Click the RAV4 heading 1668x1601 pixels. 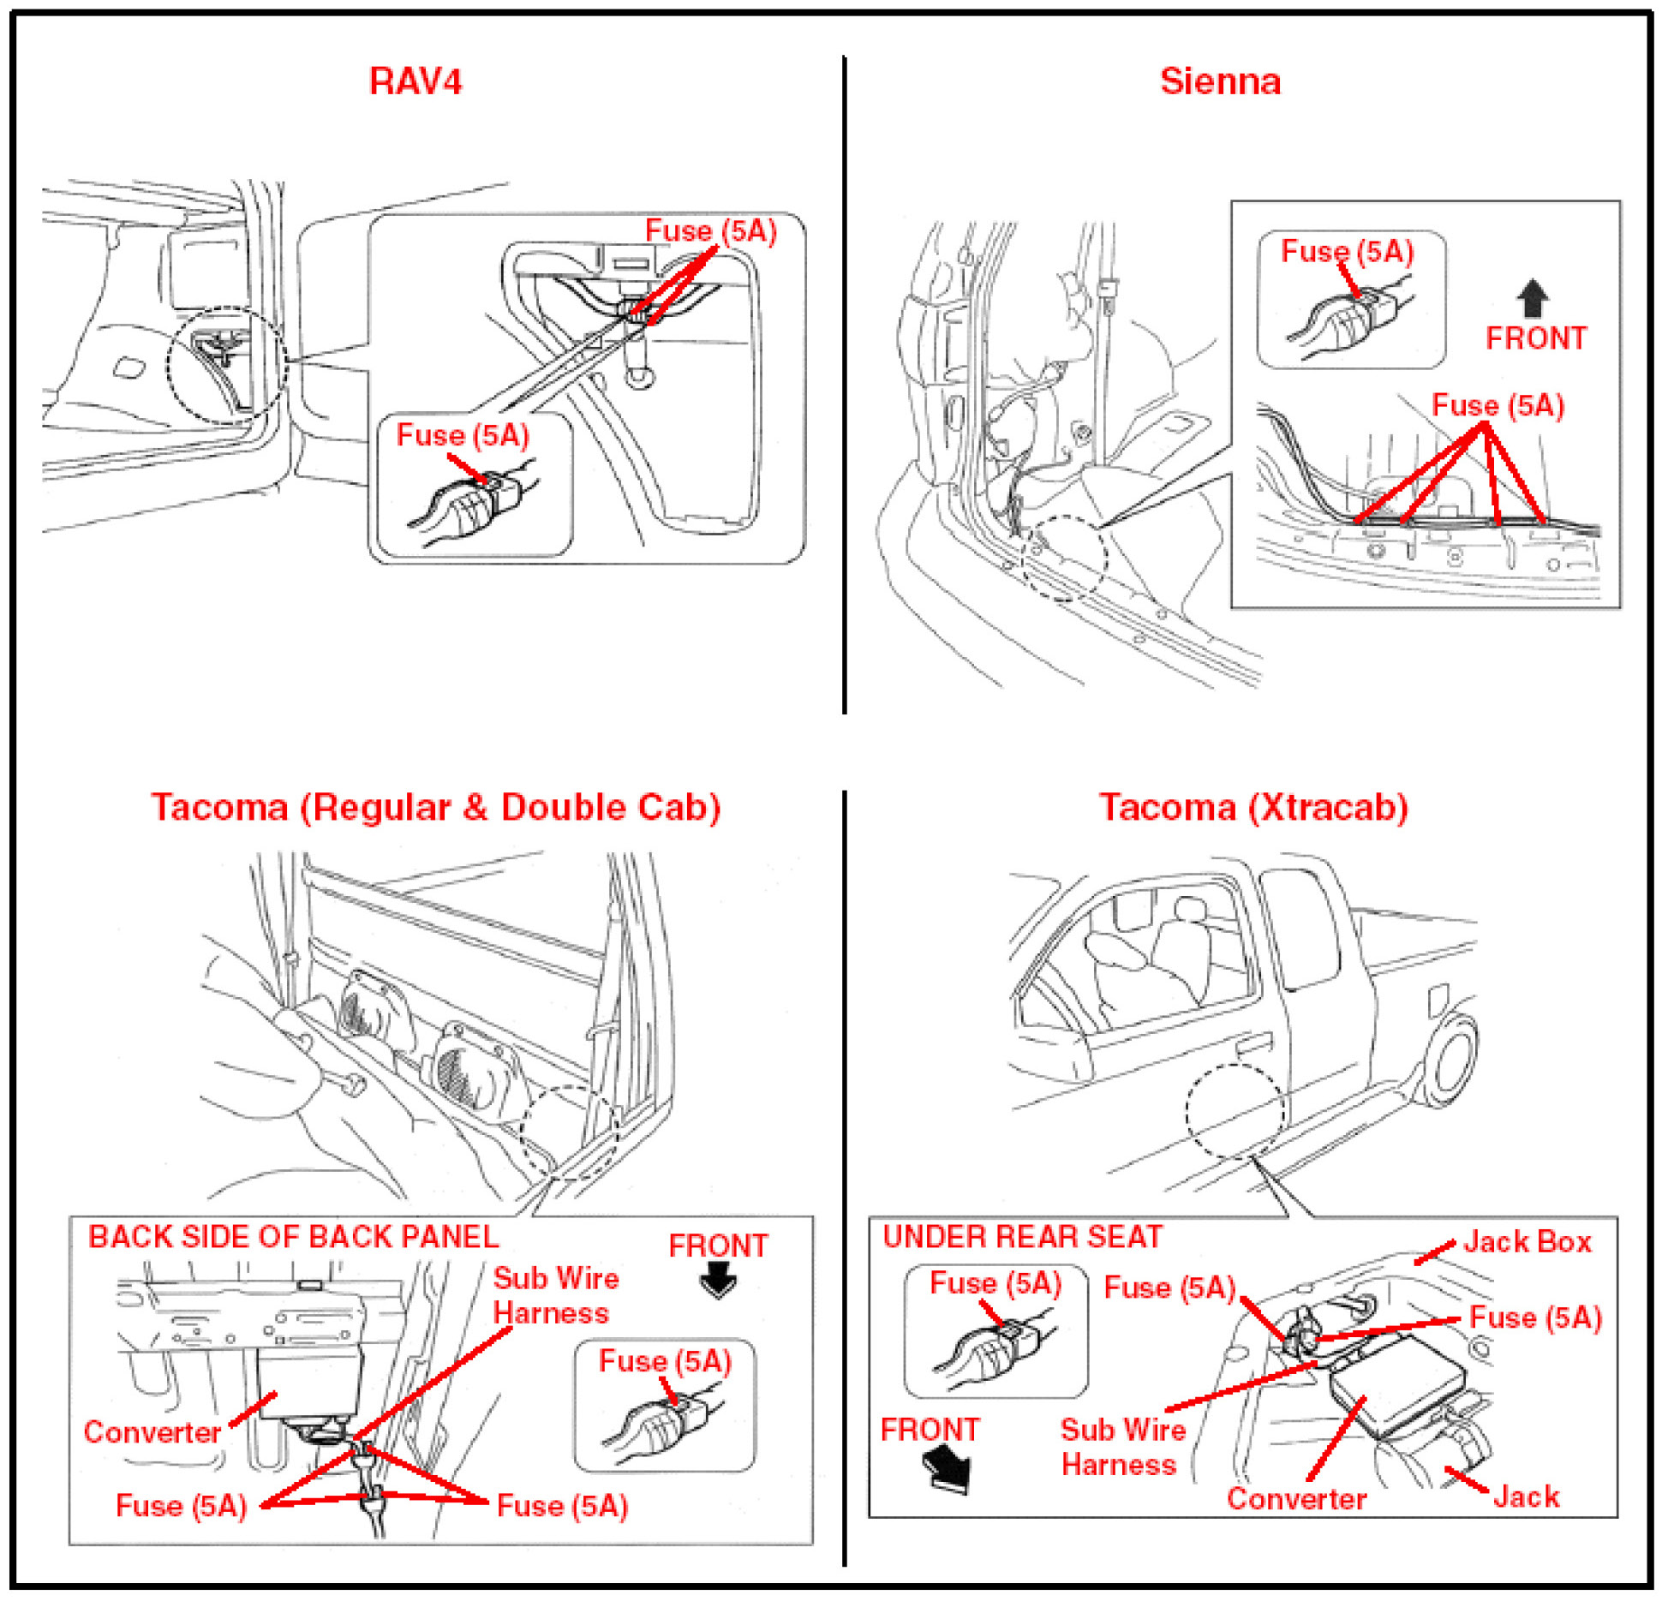(x=416, y=81)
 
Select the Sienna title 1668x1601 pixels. (x=1219, y=81)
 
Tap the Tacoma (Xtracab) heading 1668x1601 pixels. (x=1253, y=807)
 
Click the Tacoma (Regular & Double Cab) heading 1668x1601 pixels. (x=436, y=807)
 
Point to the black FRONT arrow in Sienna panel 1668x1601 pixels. (x=1532, y=299)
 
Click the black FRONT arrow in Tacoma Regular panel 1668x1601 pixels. (x=718, y=1281)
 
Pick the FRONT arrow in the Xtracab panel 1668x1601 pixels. (x=948, y=1468)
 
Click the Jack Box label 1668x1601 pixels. (x=1527, y=1241)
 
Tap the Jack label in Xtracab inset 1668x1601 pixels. (x=1526, y=1496)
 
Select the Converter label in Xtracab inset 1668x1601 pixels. (x=1296, y=1498)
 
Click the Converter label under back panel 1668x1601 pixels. (x=152, y=1431)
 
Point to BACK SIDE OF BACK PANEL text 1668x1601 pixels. (x=293, y=1236)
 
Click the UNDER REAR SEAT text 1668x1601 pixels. (x=1022, y=1236)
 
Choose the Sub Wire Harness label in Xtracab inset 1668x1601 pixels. (x=1122, y=1446)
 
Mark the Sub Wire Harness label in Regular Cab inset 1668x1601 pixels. (x=555, y=1295)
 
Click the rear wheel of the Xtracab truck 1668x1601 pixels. (x=1451, y=1058)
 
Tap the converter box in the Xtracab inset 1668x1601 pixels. (x=1396, y=1383)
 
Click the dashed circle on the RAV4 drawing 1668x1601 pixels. (x=227, y=365)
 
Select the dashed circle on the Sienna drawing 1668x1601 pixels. (x=1065, y=558)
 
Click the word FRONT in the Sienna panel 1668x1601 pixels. (x=1535, y=338)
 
